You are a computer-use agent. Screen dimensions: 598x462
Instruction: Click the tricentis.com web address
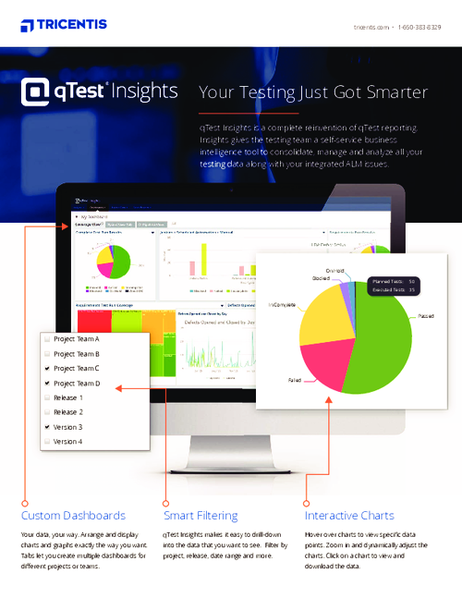[371, 28]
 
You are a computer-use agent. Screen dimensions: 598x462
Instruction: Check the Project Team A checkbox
[46, 340]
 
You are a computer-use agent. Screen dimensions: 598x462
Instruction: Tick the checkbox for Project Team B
[46, 354]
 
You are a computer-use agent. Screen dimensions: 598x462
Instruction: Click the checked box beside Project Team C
[46, 369]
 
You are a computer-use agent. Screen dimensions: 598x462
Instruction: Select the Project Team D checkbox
[46, 384]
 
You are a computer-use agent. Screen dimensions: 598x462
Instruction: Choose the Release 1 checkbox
[46, 398]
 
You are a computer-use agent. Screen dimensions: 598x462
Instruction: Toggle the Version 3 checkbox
[46, 427]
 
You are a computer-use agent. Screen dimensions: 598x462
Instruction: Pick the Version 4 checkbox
[46, 442]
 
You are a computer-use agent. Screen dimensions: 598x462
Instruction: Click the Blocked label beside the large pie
[321, 277]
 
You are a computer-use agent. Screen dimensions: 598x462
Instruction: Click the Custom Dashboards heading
[73, 516]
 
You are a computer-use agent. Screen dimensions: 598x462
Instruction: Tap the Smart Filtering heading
[201, 516]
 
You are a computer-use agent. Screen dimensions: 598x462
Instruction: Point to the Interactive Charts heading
[349, 516]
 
